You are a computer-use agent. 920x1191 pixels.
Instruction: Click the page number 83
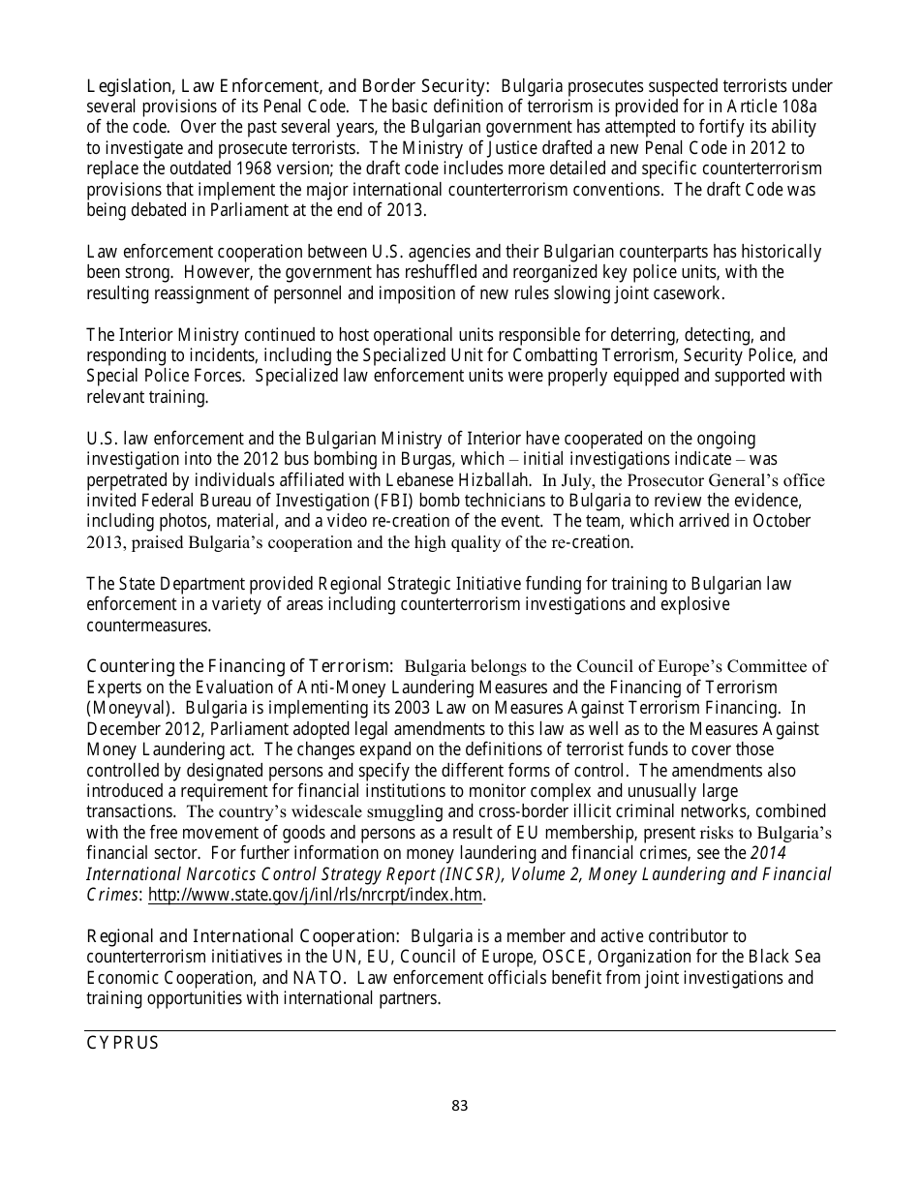click(x=459, y=1106)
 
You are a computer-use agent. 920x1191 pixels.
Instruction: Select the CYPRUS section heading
click(x=123, y=1044)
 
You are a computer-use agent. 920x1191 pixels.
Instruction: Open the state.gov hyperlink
click(x=315, y=895)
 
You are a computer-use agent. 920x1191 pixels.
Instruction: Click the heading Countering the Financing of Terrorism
click(x=240, y=666)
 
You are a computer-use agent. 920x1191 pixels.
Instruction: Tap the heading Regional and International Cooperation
click(x=243, y=936)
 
